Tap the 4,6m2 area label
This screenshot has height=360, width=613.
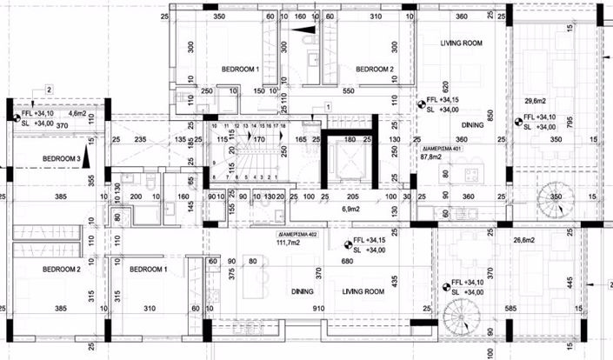coord(77,114)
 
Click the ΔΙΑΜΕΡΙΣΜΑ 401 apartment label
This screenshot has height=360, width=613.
coord(444,149)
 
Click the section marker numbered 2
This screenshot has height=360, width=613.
coord(50,90)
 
